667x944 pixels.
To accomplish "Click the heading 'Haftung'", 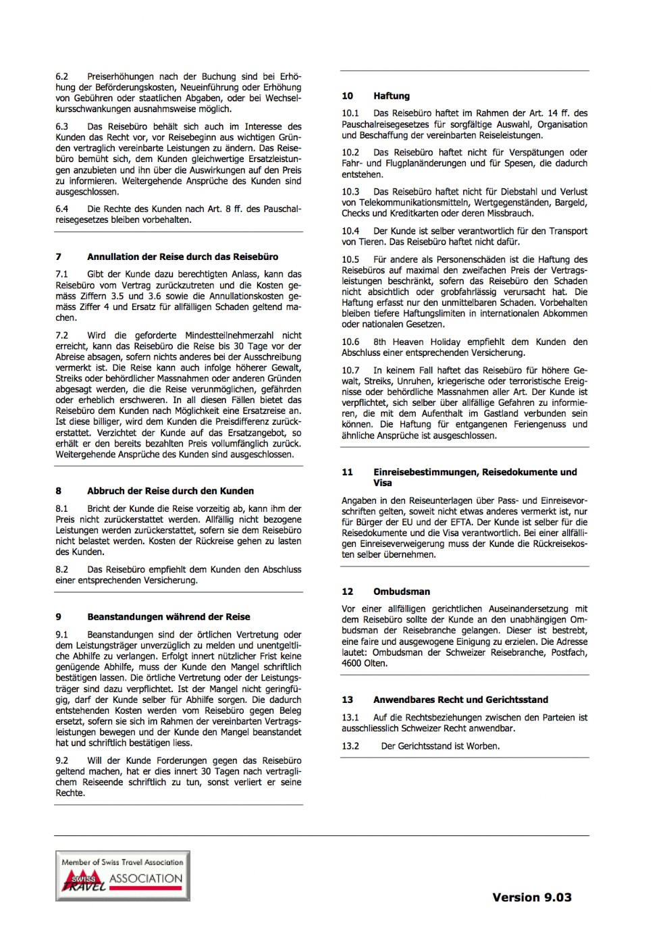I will pos(392,96).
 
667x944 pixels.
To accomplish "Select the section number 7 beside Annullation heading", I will pos(59,257).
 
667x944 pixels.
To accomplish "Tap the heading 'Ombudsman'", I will pos(401,592).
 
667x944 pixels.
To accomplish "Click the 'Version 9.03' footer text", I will pos(531,897).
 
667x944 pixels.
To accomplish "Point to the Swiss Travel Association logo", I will pos(122,876).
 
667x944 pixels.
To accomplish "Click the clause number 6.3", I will pos(62,126).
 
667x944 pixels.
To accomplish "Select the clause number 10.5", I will pos(350,259).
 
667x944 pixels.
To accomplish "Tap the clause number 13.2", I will pos(350,746).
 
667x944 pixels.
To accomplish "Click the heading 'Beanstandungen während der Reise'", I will pos(168,617).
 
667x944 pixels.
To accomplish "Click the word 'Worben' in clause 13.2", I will pos(483,746).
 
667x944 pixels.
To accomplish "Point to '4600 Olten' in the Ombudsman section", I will pos(365,663).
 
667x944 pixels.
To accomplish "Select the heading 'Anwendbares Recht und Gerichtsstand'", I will pos(460,700).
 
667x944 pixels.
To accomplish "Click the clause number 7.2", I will pos(62,335).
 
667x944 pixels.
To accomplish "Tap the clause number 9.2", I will pos(62,760).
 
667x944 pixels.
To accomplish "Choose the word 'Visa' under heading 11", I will pos(382,483).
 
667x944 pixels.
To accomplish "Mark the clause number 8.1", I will pos(62,508).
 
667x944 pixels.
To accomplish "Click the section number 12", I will pos(348,592).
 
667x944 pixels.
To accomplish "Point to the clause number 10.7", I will pos(350,370).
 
